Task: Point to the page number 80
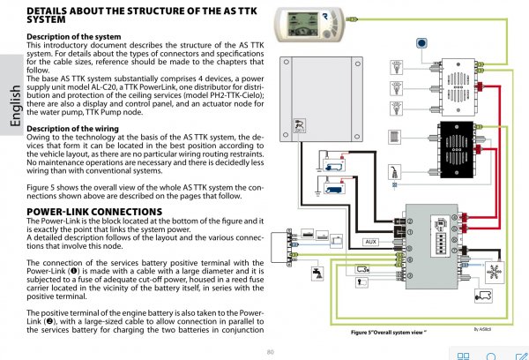pyautogui.click(x=270, y=351)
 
